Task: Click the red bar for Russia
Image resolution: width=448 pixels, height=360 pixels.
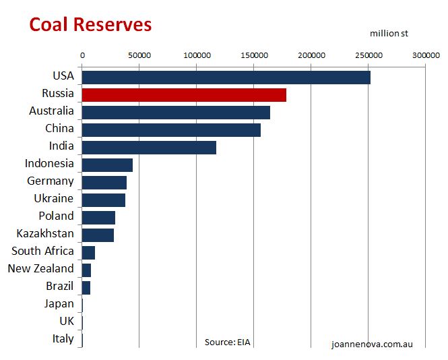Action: pyautogui.click(x=183, y=95)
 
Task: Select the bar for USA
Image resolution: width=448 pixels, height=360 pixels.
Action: pyautogui.click(x=226, y=78)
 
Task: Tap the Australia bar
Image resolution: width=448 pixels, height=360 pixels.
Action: pyautogui.click(x=175, y=113)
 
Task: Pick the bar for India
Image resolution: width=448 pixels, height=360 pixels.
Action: pyautogui.click(x=148, y=148)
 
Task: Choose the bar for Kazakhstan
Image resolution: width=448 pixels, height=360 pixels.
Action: pyautogui.click(x=98, y=235)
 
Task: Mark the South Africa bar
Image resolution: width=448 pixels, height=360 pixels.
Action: pyautogui.click(x=88, y=253)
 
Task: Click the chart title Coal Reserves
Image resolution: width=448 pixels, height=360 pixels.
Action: pyautogui.click(x=90, y=24)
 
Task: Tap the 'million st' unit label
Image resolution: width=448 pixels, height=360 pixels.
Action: pyautogui.click(x=389, y=33)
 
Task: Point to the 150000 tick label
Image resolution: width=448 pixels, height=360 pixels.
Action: pyautogui.click(x=253, y=55)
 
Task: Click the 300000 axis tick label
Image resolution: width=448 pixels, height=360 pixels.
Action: pyautogui.click(x=425, y=55)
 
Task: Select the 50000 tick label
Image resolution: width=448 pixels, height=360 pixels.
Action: pyautogui.click(x=139, y=55)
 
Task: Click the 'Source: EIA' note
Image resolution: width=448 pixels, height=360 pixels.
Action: pyautogui.click(x=227, y=342)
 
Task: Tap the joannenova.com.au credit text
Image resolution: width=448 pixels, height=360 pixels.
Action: pyautogui.click(x=372, y=344)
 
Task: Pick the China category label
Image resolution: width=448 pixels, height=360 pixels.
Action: pyautogui.click(x=59, y=128)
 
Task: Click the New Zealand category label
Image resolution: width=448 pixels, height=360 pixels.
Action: pyautogui.click(x=40, y=268)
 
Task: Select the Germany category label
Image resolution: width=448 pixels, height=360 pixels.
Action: pyautogui.click(x=51, y=181)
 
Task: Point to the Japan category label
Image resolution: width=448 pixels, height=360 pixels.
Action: pyautogui.click(x=59, y=303)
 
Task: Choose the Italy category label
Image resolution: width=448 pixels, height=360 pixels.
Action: pyautogui.click(x=63, y=338)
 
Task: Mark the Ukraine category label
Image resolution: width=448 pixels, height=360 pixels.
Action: pyautogui.click(x=54, y=198)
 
